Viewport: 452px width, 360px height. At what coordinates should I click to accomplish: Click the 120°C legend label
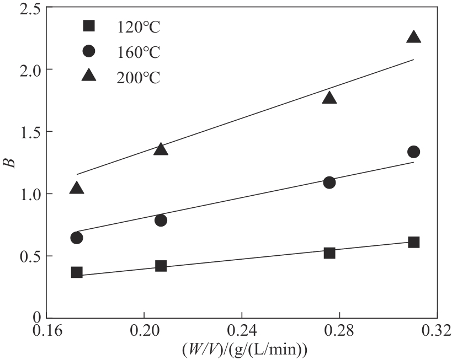coord(137,26)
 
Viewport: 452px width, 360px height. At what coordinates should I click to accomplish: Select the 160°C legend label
coord(137,52)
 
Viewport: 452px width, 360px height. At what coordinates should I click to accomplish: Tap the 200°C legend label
coord(137,77)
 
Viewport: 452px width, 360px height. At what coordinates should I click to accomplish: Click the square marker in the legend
coord(88,25)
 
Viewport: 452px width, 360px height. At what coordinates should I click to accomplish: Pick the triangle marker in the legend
coord(88,76)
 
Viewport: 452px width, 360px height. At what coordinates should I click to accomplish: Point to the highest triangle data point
coord(413,37)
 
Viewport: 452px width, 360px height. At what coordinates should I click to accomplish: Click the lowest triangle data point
coord(77,188)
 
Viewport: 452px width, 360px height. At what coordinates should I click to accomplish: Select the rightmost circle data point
coord(413,152)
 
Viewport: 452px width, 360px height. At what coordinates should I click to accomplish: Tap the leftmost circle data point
coord(77,238)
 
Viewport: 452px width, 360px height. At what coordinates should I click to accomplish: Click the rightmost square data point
coord(413,242)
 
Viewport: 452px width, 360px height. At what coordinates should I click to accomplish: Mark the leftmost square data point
coord(77,272)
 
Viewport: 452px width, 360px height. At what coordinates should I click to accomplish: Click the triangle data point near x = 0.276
coord(329,98)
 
